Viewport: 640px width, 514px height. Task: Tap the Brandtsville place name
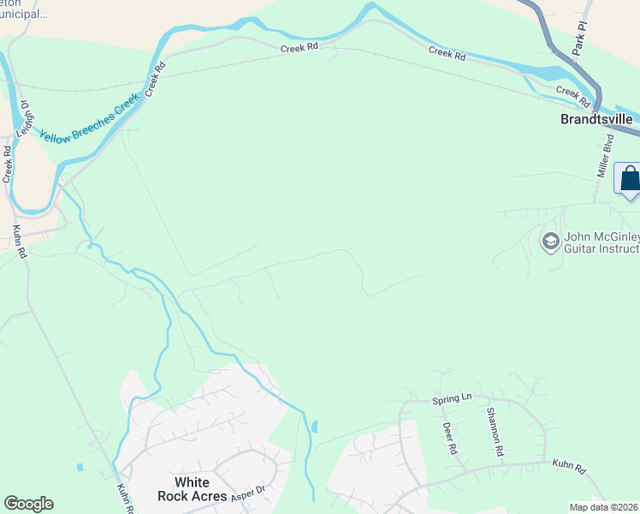pos(596,119)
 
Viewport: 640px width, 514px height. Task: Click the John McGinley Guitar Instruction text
pos(601,243)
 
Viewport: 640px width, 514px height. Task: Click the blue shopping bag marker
pos(629,179)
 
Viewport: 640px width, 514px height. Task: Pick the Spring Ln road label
pos(452,399)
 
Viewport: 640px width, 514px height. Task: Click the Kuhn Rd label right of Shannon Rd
pos(568,469)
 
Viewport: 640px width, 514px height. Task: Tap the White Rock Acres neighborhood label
pos(193,489)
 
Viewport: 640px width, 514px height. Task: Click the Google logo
pos(28,504)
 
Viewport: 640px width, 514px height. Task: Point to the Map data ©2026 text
pos(603,507)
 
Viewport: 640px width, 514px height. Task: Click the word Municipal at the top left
pos(24,14)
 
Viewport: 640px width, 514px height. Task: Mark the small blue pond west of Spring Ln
pos(314,426)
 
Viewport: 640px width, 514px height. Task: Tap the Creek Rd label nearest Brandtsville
pos(572,95)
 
